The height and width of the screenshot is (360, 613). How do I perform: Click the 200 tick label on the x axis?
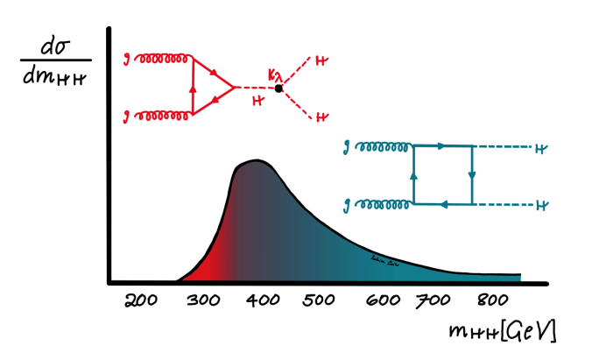pyautogui.click(x=141, y=302)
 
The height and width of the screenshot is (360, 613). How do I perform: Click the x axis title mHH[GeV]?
pyautogui.click(x=501, y=332)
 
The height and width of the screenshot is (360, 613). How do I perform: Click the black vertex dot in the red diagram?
pyautogui.click(x=279, y=88)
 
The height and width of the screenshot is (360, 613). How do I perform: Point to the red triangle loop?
pyautogui.click(x=208, y=87)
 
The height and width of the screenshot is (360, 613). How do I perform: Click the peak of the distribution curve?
pyautogui.click(x=257, y=160)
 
